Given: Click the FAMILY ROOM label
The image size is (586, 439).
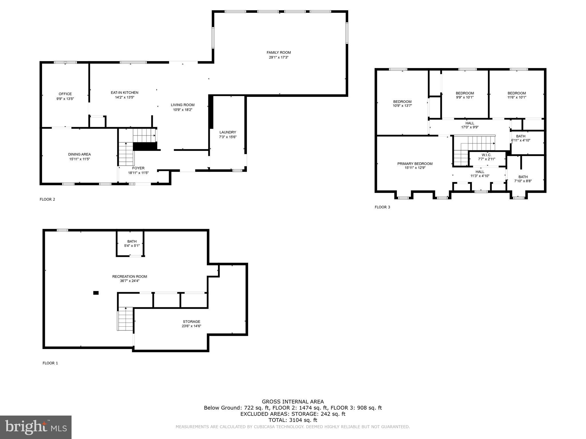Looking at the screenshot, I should pos(279,53).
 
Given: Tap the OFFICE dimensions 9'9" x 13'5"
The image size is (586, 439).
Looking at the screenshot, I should pos(65,99).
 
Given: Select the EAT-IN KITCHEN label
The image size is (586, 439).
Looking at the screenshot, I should pos(124,93).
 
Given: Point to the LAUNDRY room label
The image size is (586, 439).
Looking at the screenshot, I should pos(228,132).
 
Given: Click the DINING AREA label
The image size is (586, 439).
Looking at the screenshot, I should pos(80,154).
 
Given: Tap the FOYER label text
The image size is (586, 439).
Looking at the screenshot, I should pos(138,168).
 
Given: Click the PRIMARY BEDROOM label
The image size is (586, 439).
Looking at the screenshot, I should pos(415,164).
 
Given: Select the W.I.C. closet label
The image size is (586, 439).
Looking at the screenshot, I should pos(486,155).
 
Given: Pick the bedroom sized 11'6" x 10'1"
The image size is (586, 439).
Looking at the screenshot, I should pos(517,95).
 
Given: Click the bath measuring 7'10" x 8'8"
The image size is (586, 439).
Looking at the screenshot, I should pos(523,179).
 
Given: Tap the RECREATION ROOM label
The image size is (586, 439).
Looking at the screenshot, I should pos(130,276).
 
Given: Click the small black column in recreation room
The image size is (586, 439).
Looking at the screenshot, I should pos(96,293).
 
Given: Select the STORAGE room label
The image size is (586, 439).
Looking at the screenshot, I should pos(191,322).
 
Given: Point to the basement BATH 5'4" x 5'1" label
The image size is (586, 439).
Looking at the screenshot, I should pos(132,244).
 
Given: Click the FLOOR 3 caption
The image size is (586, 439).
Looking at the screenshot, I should pos(382,207).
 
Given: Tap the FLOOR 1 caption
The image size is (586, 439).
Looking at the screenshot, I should pos(50,363).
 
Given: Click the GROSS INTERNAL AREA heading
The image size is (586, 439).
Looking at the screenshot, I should pos(293,402).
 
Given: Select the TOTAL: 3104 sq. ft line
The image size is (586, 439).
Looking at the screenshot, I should pos(293,420).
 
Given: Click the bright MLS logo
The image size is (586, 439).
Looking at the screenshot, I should pos(36,427).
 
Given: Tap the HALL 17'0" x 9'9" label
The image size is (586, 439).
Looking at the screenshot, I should pos(470,125).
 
